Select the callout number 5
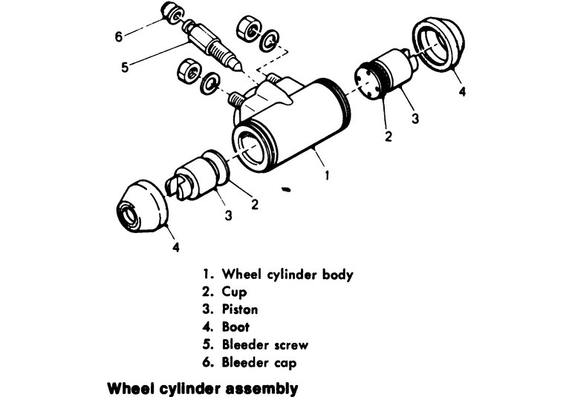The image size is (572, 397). pos(124,67)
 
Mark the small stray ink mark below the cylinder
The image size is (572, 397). pos(285,191)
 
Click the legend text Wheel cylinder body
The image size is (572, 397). pos(287,275)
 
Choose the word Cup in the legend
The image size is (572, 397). pos(234,292)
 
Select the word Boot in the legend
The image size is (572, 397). pos(235,327)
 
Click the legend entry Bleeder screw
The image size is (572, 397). pos(264,344)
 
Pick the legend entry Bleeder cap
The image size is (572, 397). pos(259,362)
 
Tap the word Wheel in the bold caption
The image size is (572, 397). pos(128,388)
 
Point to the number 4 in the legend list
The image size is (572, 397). pos(207,327)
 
